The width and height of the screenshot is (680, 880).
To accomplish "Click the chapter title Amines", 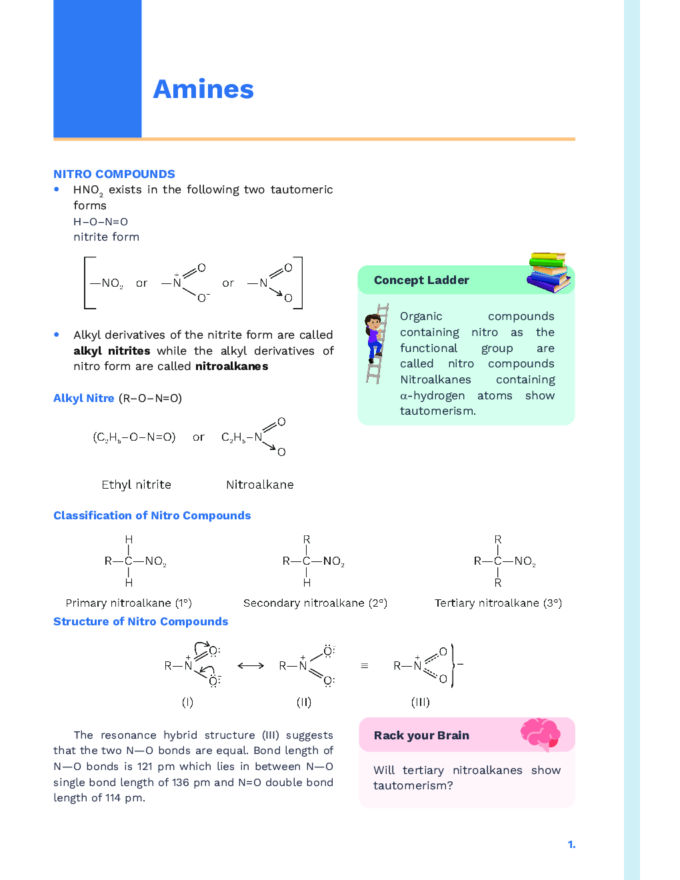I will pos(203,89).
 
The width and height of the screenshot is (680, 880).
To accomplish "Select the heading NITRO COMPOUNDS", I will pos(114,174).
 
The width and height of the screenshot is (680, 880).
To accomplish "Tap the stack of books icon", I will pos(548,272).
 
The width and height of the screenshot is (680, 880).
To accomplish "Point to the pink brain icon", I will pos(540,733).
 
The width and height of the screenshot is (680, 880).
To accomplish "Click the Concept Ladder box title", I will pos(421,280).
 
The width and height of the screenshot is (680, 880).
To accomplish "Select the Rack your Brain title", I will pos(421,735).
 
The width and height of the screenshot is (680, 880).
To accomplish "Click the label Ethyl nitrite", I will pos(136,485).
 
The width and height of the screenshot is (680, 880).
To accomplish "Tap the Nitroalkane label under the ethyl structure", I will pos(259,485).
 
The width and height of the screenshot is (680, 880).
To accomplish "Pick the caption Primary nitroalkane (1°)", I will pos(129,603).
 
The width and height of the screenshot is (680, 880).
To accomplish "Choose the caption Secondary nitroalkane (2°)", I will pos(315,603).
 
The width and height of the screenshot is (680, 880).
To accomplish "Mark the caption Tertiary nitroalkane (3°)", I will pos(498,603).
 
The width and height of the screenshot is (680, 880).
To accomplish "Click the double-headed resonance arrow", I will pos(251,665).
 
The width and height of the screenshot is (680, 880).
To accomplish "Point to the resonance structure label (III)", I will pos(420,702).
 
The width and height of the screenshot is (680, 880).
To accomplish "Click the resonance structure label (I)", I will pos(187,702).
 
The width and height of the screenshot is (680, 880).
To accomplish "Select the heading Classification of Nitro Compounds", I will pos(152,515).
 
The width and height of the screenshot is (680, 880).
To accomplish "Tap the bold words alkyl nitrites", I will pos(111,351).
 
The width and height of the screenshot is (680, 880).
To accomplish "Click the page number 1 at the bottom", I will pos(571,845).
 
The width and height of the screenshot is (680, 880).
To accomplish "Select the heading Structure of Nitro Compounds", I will pos(141,621).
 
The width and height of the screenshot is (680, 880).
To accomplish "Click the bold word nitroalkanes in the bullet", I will pos(231,366).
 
